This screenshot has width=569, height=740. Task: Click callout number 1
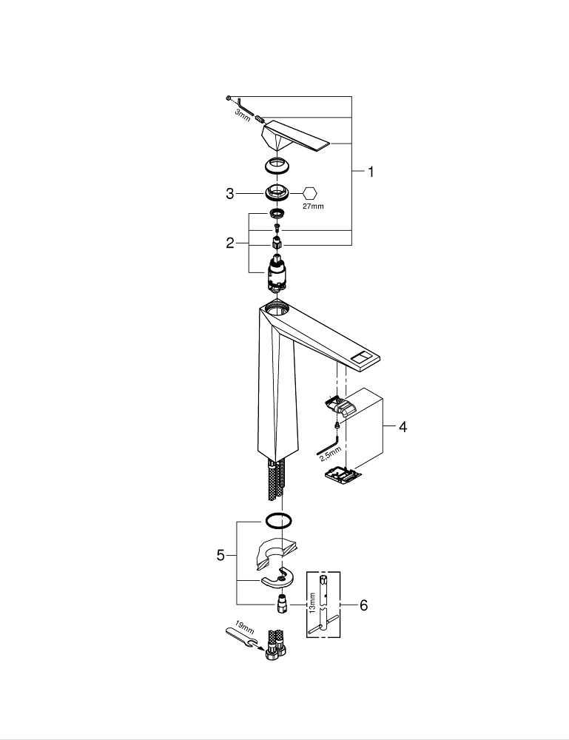pos(371,172)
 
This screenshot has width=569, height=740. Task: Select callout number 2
pos(231,242)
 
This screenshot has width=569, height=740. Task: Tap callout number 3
pos(230,194)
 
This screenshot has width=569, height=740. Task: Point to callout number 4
pos(403,427)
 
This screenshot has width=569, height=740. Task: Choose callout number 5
pos(220,555)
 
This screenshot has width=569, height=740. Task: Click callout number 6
pos(363,605)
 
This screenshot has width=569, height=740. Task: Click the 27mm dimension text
pos(313,206)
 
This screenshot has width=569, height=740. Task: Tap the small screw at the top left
pos(230,98)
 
